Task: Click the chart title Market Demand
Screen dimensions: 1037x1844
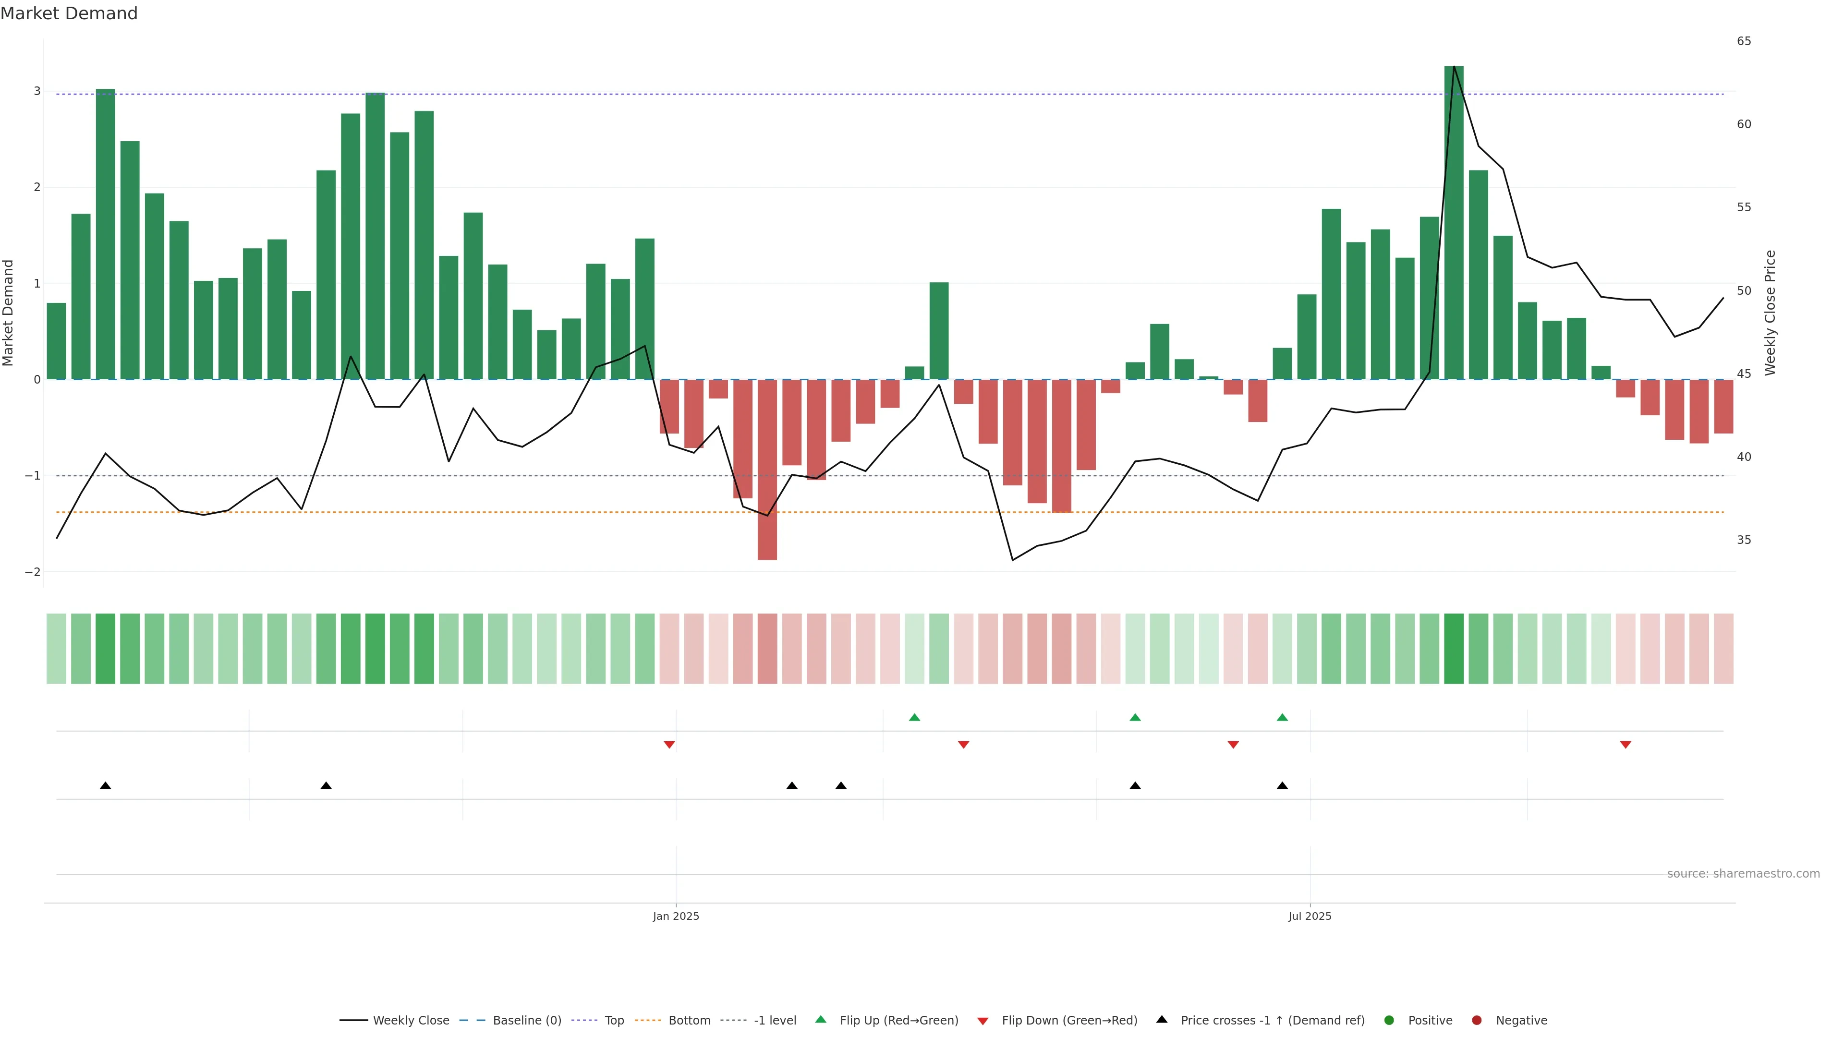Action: pyautogui.click(x=69, y=13)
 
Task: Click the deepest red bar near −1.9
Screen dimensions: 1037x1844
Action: pyautogui.click(x=767, y=469)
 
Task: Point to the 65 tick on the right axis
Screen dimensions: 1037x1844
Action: pyautogui.click(x=1744, y=41)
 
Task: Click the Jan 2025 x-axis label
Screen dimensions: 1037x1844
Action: pyautogui.click(x=676, y=916)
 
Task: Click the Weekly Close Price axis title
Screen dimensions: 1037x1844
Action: pyautogui.click(x=1770, y=313)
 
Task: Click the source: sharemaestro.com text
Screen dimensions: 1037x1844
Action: pyautogui.click(x=1743, y=874)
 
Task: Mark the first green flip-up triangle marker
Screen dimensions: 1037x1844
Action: pyautogui.click(x=914, y=717)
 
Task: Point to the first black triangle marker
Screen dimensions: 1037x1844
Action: pyautogui.click(x=105, y=786)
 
